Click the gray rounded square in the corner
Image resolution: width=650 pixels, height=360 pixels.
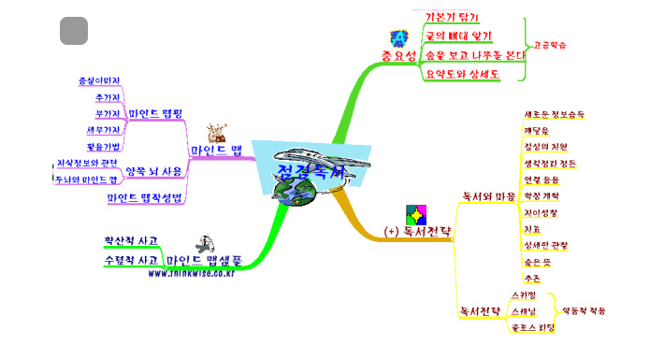click(74, 31)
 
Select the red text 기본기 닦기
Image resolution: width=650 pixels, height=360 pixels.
click(451, 17)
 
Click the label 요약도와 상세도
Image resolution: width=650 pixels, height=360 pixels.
click(461, 73)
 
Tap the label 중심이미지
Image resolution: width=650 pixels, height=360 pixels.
click(99, 80)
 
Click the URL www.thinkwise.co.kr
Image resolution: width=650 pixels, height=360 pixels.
click(190, 273)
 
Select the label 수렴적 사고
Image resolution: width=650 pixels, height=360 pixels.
click(132, 260)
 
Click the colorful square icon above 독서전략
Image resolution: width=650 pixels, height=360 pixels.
click(412, 213)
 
